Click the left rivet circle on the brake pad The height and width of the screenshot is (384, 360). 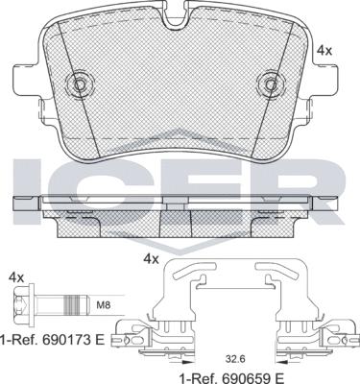click(x=79, y=84)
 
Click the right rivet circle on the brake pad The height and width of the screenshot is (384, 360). click(x=271, y=84)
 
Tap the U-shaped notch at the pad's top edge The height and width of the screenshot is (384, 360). click(x=175, y=17)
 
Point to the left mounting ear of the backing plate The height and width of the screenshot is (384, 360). click(x=28, y=79)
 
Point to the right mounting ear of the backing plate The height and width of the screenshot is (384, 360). click(x=324, y=79)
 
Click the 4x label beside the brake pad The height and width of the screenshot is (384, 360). click(x=324, y=50)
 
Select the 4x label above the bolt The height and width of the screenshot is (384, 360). click(x=16, y=277)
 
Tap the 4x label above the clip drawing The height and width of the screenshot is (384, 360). click(x=151, y=258)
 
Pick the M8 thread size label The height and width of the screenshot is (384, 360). click(x=103, y=305)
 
